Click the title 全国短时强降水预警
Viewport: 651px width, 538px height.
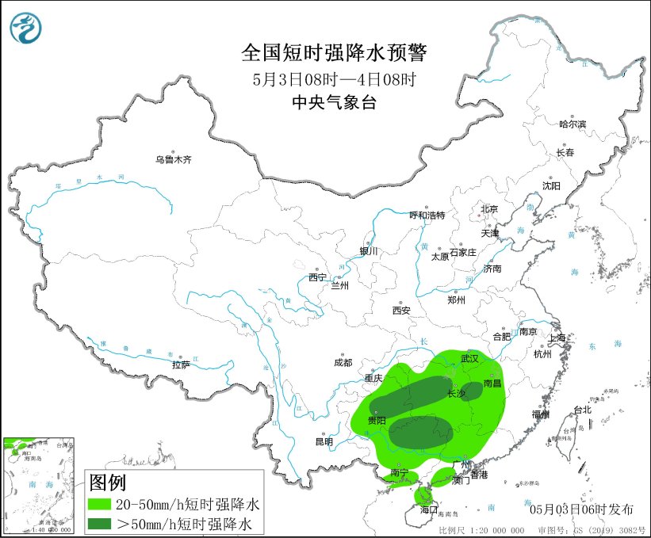click(334, 53)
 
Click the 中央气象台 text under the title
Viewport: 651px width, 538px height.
click(334, 101)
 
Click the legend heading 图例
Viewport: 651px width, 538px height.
click(107, 483)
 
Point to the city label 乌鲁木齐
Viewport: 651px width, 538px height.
click(173, 160)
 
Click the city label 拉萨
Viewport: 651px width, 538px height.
click(181, 365)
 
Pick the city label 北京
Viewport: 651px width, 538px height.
click(488, 209)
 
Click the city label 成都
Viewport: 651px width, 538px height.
click(343, 363)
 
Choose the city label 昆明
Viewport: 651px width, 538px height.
click(324, 441)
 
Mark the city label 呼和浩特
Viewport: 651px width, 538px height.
click(427, 216)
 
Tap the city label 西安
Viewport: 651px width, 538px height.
click(400, 311)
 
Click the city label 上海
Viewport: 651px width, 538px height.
click(557, 338)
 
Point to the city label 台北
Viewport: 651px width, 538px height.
click(582, 410)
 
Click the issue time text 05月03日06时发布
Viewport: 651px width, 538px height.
click(583, 508)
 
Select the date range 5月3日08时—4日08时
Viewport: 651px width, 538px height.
click(334, 79)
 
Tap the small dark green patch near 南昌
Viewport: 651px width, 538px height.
click(472, 389)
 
